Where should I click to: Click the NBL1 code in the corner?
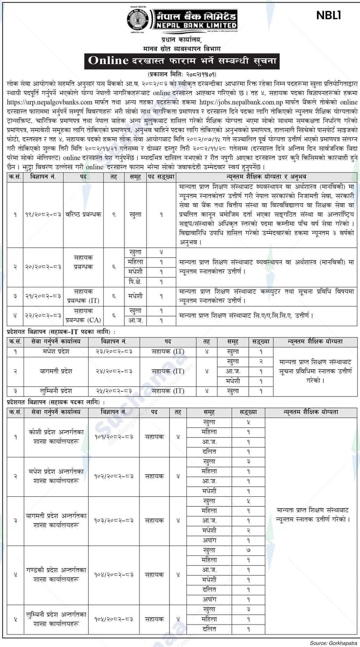click(x=328, y=16)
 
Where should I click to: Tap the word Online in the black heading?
click(x=108, y=60)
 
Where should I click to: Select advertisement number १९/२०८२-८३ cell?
click(x=43, y=215)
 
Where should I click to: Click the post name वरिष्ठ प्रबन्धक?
click(x=83, y=215)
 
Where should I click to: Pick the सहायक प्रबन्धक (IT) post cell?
click(x=83, y=297)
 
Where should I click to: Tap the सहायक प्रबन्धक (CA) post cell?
click(x=83, y=316)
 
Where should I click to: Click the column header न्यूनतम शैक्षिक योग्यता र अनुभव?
click(x=266, y=177)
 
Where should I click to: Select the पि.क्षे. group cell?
click(x=135, y=282)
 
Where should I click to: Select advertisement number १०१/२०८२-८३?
click(x=114, y=437)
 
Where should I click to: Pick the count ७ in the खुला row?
click(x=248, y=550)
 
